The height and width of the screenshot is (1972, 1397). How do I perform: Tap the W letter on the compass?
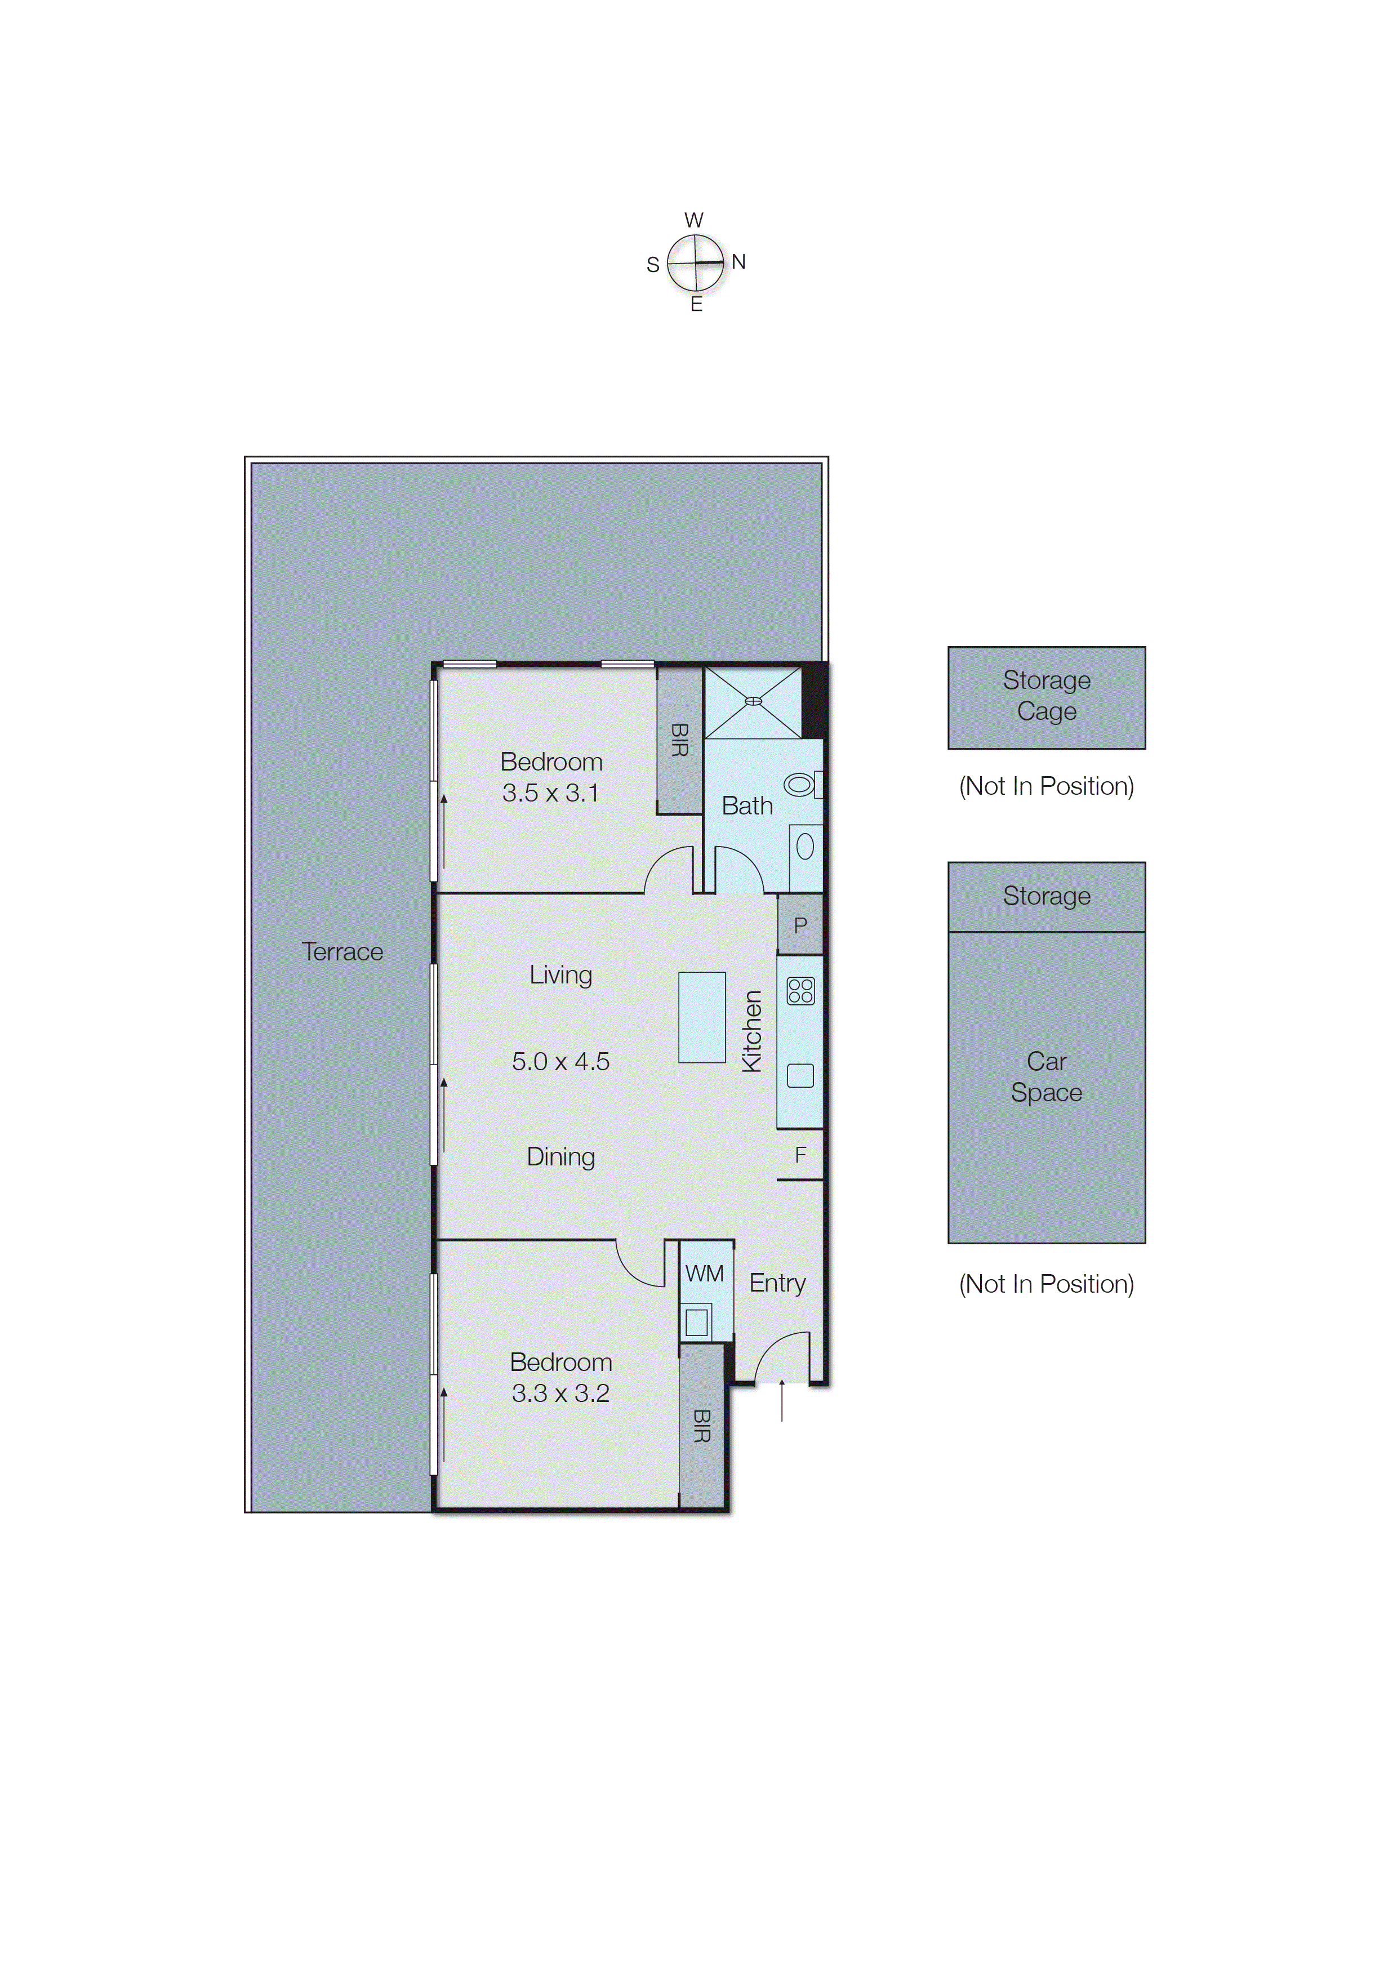click(x=694, y=220)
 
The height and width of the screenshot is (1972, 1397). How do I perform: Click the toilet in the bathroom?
click(x=800, y=784)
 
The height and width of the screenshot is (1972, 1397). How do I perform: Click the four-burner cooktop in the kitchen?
click(x=800, y=991)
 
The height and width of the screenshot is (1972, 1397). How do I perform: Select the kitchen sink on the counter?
click(x=800, y=1076)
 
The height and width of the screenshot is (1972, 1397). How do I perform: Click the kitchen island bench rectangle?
click(x=701, y=1017)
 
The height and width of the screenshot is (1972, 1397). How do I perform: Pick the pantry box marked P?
click(x=800, y=925)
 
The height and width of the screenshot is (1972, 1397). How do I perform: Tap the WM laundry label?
click(x=705, y=1274)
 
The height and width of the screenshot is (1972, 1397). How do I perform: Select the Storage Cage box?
click(x=1046, y=697)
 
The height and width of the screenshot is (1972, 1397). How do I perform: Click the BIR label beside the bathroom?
click(x=679, y=740)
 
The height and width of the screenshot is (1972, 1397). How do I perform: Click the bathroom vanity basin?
click(x=805, y=847)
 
